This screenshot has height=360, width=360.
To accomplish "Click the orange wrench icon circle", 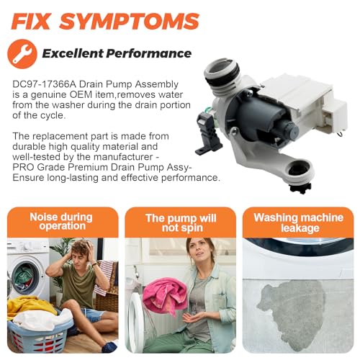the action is [22, 54].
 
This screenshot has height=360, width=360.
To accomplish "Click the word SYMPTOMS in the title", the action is [130, 21].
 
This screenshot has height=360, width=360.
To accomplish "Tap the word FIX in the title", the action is [31, 21].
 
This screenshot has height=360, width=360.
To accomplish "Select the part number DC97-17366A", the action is [45, 84].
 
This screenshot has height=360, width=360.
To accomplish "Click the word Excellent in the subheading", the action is [73, 53].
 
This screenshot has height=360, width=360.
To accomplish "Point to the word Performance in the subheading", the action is [149, 53].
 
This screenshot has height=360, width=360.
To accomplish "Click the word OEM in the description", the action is [81, 94].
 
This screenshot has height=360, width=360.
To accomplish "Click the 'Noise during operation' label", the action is [61, 221].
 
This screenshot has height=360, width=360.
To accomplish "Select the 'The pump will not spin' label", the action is [181, 223].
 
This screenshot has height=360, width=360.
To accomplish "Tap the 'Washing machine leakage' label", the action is [298, 222].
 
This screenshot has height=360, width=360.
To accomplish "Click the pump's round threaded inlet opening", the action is [220, 71].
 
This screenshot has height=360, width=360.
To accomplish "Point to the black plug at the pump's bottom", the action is [300, 188].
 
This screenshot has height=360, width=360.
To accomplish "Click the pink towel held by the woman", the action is [165, 295].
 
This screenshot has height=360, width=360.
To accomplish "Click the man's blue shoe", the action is [109, 346].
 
